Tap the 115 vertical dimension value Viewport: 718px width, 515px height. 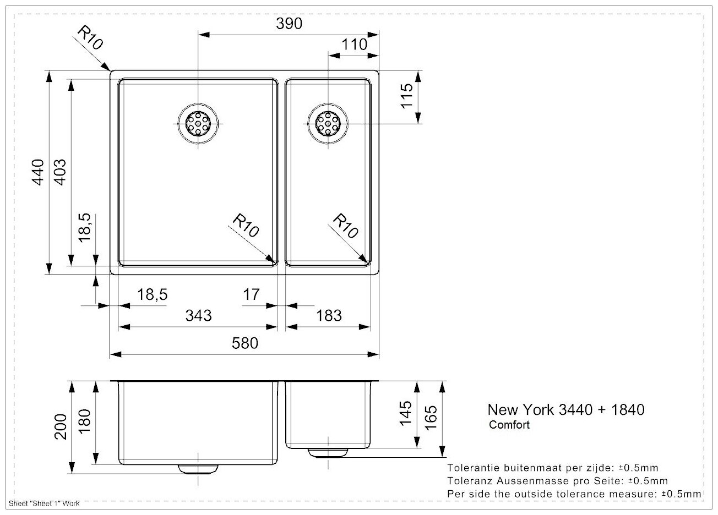coord(407,96)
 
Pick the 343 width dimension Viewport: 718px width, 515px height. coord(198,315)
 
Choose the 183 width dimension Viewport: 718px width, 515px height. coord(329,315)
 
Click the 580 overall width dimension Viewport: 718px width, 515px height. coord(244,343)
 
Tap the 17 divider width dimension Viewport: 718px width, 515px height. coord(251,295)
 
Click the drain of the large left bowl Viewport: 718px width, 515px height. coord(198,124)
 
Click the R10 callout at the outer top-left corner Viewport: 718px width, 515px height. coord(89,39)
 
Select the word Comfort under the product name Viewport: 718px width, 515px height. coord(509,425)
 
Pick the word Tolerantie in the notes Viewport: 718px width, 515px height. coord(474,468)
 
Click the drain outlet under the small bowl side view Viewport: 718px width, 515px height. coord(328,452)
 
